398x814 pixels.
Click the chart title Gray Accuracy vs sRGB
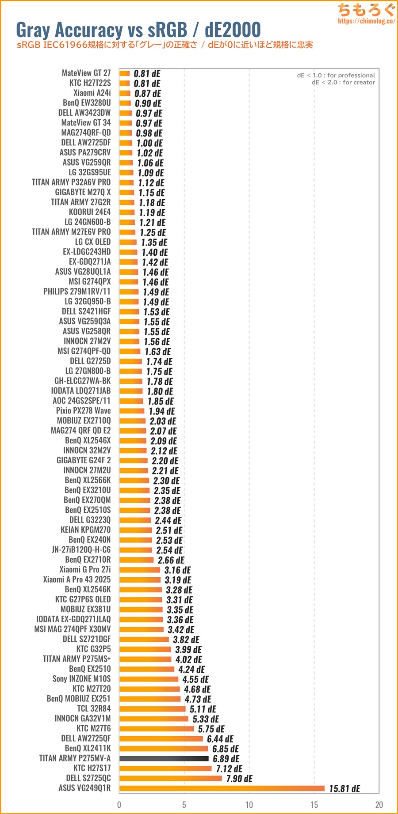tap(138, 30)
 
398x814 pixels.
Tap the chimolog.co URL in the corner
tap(366, 21)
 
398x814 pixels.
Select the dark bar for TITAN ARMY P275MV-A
tap(164, 758)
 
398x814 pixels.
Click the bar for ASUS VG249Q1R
tap(222, 788)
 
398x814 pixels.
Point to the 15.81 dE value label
tap(344, 788)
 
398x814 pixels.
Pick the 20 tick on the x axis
tap(379, 805)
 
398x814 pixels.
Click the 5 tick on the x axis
tap(184, 805)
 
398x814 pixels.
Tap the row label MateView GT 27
tap(86, 73)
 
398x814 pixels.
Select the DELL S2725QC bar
tap(170, 778)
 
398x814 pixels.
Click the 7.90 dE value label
tap(239, 778)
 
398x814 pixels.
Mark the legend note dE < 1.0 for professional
tap(336, 76)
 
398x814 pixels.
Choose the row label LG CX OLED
tap(93, 242)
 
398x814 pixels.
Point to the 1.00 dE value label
tap(149, 143)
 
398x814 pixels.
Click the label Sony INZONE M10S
tap(81, 678)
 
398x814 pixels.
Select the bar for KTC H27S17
tap(165, 769)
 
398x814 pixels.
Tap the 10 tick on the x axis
tap(249, 805)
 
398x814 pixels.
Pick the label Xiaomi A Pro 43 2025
tap(77, 579)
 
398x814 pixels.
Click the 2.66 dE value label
tap(171, 560)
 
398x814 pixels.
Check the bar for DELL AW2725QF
tap(161, 738)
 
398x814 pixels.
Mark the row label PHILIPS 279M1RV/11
tap(77, 291)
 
